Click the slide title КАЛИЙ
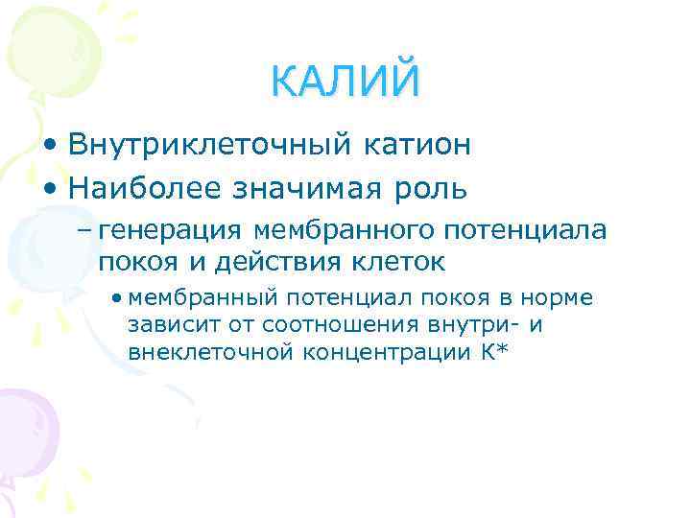(x=345, y=81)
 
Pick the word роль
(x=437, y=188)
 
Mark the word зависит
(x=163, y=325)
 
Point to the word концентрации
(x=390, y=352)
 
